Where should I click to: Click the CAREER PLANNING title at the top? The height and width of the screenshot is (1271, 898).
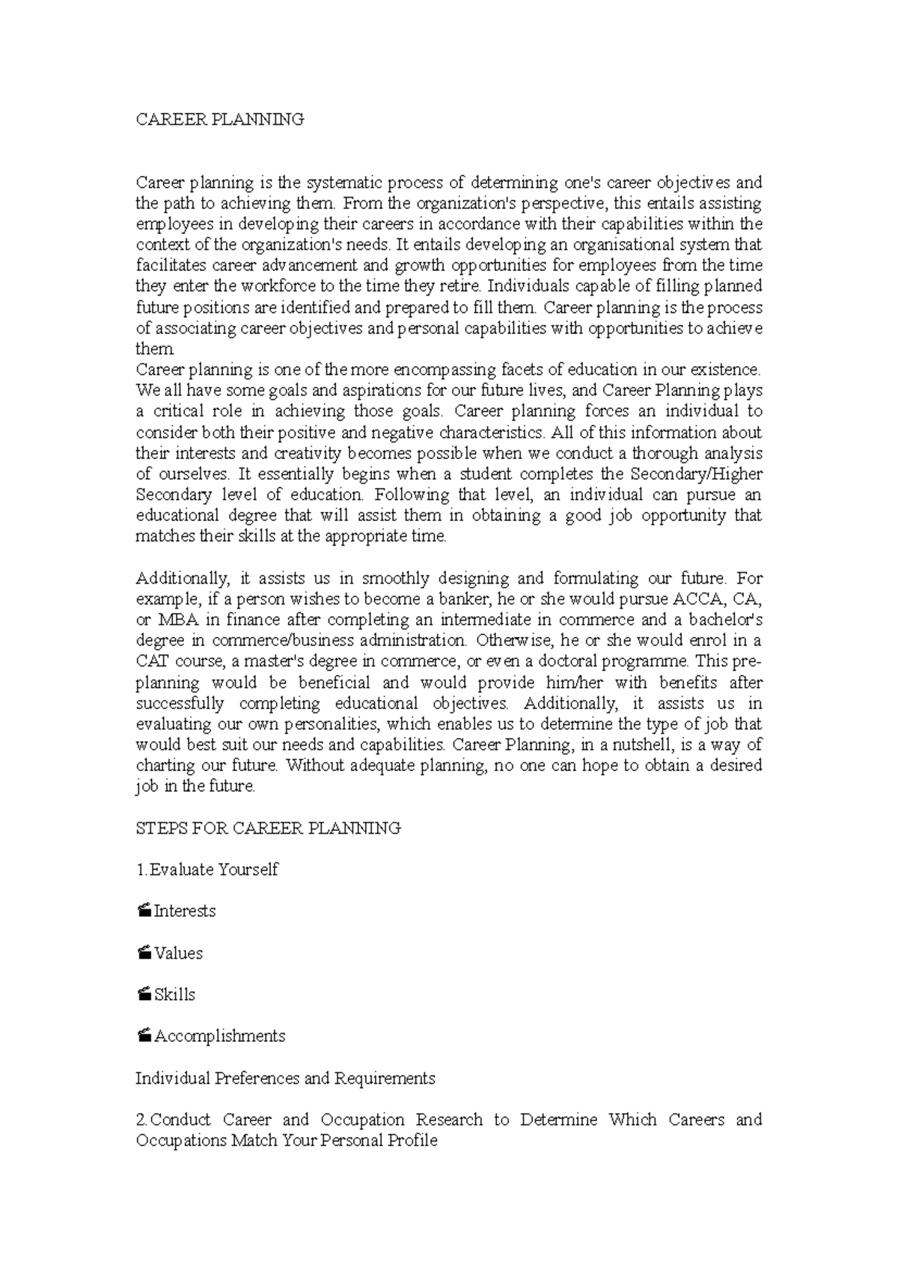point(219,120)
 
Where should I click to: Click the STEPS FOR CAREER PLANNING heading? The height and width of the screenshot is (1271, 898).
point(268,828)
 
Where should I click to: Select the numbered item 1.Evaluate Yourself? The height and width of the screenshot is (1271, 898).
point(207,870)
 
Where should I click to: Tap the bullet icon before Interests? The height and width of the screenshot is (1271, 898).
point(144,911)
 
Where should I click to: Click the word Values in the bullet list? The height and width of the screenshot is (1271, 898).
point(178,953)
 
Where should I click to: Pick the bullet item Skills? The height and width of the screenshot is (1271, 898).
point(174,995)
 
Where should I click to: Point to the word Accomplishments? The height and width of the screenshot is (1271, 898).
point(220,1036)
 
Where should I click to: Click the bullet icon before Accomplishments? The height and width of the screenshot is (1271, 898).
point(144,1036)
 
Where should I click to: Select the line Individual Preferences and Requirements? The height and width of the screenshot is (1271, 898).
point(285,1079)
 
